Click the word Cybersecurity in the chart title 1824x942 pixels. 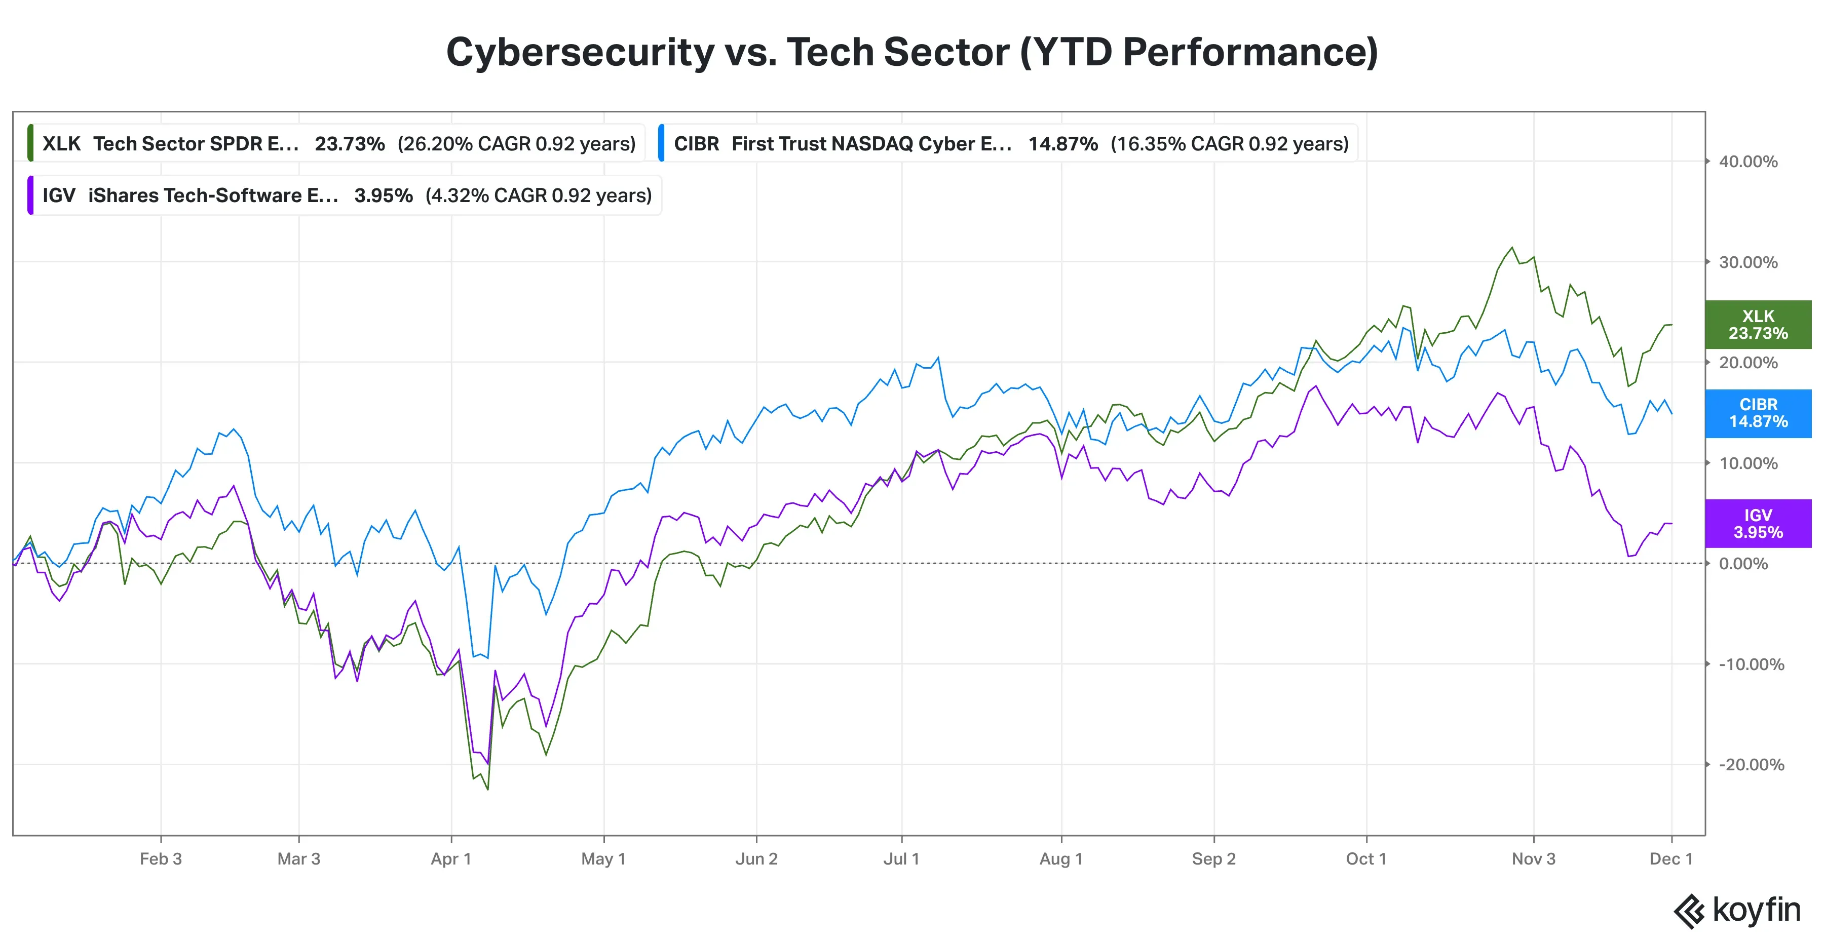click(x=580, y=52)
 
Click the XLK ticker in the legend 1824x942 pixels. click(x=62, y=144)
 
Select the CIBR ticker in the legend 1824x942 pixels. click(x=696, y=144)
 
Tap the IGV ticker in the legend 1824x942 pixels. click(x=59, y=195)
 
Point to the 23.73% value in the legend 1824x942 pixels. click(x=350, y=144)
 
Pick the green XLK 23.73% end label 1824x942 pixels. click(x=1758, y=325)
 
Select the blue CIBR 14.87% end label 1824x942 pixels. click(x=1758, y=413)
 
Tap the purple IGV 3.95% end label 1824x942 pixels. click(x=1758, y=524)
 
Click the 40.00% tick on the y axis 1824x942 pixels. click(x=1748, y=162)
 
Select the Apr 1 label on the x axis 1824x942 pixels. click(x=451, y=859)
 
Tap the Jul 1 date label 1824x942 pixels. click(x=901, y=859)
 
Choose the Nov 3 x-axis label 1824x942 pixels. click(x=1534, y=859)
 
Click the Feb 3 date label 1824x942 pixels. click(x=161, y=859)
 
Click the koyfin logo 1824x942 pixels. click(x=1738, y=911)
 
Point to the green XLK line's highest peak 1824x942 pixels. click(x=1512, y=248)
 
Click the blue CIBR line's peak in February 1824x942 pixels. click(x=235, y=429)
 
